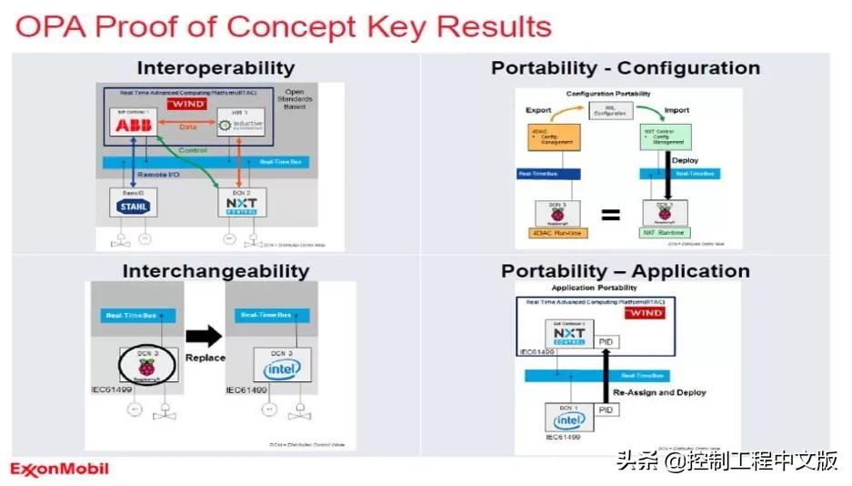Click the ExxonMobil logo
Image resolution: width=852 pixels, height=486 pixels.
coord(60,469)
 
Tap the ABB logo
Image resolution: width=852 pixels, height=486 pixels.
coord(132,126)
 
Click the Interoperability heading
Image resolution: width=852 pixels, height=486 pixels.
coord(216,68)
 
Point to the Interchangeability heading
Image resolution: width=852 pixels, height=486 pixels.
coord(216,271)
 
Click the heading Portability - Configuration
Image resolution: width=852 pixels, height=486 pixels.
coord(626,68)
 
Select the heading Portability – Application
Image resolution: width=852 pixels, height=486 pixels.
coord(626,271)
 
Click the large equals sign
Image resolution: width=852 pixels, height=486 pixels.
coord(611,216)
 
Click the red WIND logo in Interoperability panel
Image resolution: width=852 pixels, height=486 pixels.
coord(185,105)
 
